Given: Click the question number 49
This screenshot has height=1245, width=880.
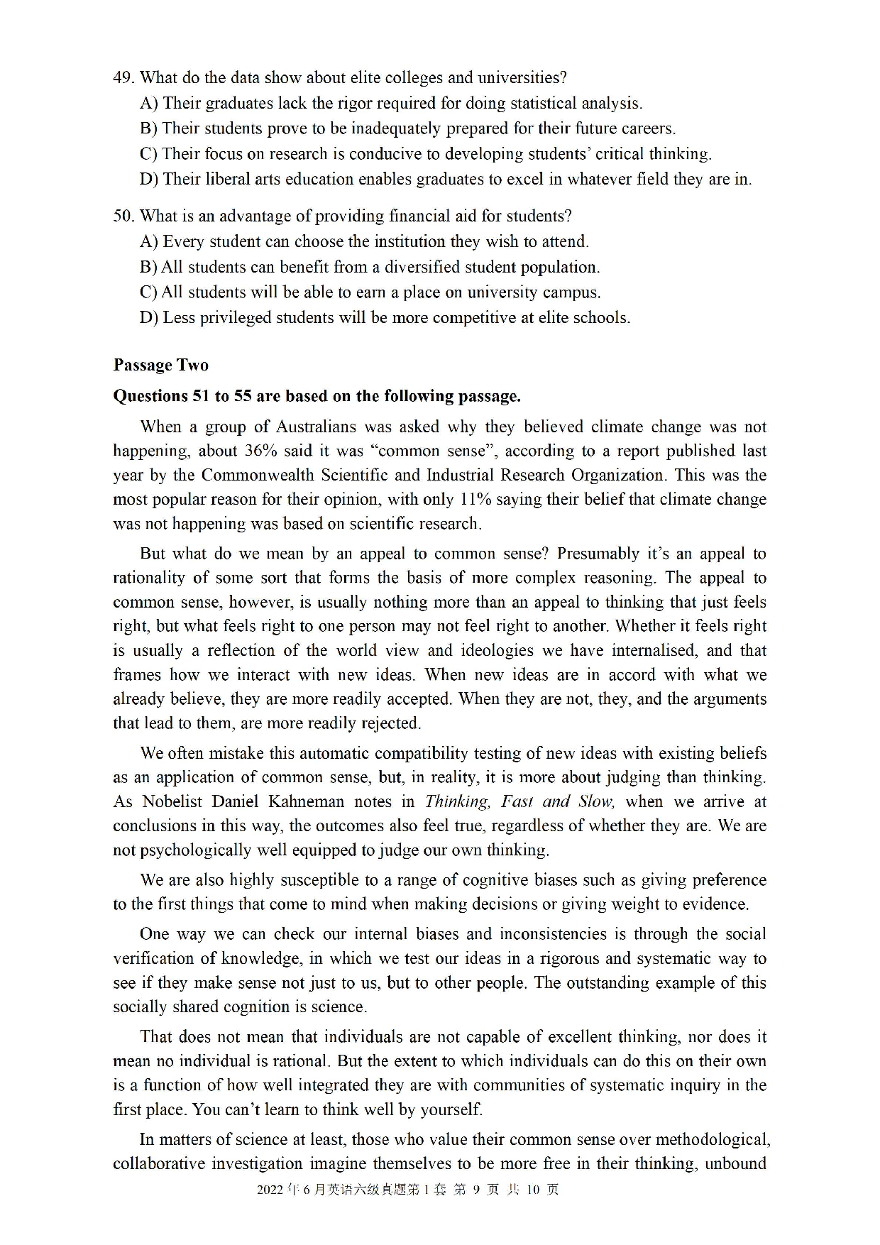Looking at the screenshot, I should point(123,77).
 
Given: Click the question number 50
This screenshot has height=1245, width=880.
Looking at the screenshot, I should point(123,216).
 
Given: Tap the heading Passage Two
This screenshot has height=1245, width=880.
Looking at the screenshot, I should point(160,365).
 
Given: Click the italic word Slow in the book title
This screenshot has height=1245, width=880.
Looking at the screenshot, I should point(595,801).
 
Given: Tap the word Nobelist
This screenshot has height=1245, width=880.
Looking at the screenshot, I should point(173,801).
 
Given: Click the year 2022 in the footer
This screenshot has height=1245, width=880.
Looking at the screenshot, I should point(270,1190).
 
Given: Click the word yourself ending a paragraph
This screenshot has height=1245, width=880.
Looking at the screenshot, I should point(451,1109).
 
